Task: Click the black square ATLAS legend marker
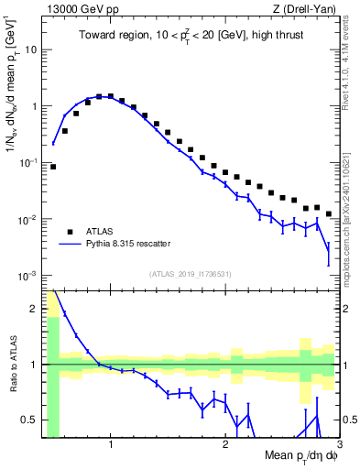pos(70,230)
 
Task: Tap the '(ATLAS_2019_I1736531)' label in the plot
pos(189,273)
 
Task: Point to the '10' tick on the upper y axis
pos(31,49)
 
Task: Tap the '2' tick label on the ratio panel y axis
pos(34,309)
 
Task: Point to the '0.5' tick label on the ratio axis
pos(29,420)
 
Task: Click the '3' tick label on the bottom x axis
pos(339,446)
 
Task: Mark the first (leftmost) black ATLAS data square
pos(53,167)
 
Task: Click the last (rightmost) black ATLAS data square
pos(329,213)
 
